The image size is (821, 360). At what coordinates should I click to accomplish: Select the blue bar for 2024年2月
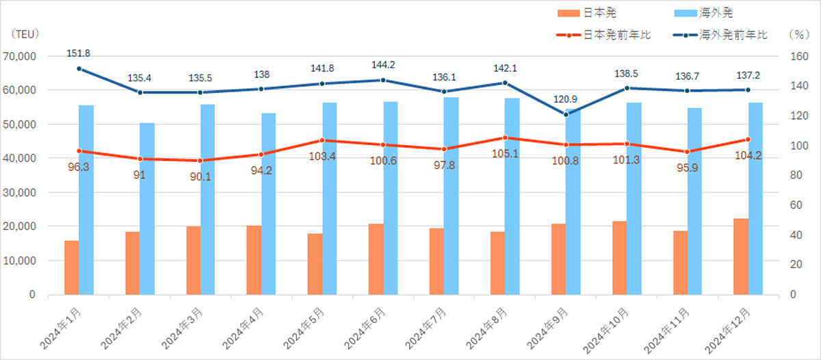pyautogui.click(x=147, y=209)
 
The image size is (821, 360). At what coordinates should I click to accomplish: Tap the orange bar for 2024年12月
pyautogui.click(x=740, y=257)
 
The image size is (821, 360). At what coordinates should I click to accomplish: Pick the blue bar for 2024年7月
pyautogui.click(x=450, y=196)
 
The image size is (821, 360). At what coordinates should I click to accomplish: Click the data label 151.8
pyautogui.click(x=79, y=53)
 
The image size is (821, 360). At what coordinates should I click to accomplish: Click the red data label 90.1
pyautogui.click(x=200, y=177)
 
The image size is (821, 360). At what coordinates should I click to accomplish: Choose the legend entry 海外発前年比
pyautogui.click(x=733, y=34)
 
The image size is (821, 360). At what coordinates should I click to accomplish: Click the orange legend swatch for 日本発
pyautogui.click(x=569, y=13)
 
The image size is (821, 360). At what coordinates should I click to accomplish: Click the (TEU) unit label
pyautogui.click(x=25, y=34)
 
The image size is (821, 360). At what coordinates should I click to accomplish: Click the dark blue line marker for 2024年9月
pyautogui.click(x=565, y=114)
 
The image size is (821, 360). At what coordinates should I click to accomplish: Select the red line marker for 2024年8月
pyautogui.click(x=505, y=138)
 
